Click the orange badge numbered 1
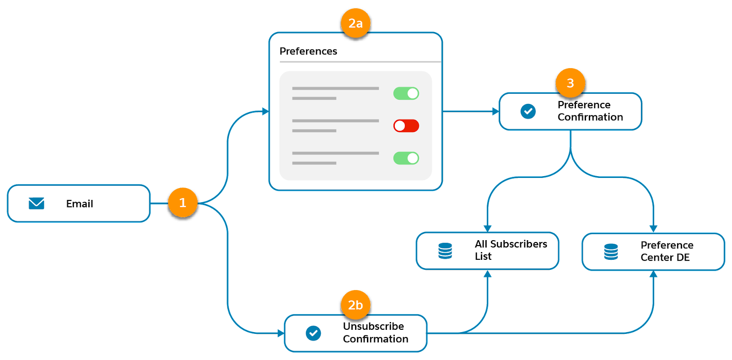(x=183, y=203)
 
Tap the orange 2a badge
(x=355, y=23)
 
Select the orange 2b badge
(x=355, y=305)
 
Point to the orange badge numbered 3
(x=570, y=83)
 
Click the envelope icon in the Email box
(x=37, y=204)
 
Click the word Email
(x=80, y=204)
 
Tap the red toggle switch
(x=406, y=126)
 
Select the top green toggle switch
(x=406, y=93)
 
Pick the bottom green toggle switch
(x=406, y=158)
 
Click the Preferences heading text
(x=308, y=51)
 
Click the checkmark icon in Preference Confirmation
(x=528, y=111)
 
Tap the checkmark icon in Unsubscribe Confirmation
(x=313, y=333)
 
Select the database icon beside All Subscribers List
(x=445, y=251)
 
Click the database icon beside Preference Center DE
(x=611, y=252)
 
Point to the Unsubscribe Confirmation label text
(x=375, y=333)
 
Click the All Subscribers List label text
(x=511, y=250)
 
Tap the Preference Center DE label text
(x=667, y=251)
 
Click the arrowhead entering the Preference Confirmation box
(x=495, y=111)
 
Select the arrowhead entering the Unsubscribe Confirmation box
(x=280, y=333)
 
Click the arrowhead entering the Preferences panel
(x=265, y=111)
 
